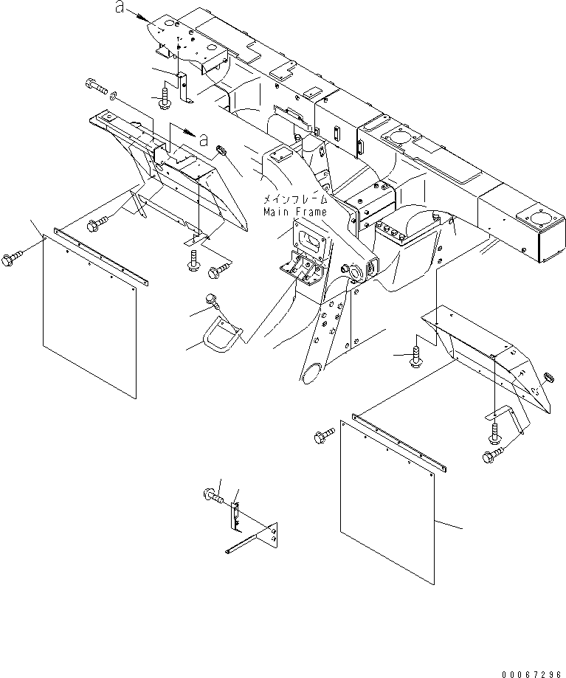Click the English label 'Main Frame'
[295, 212]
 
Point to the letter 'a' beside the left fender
[203, 139]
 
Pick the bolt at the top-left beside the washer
[97, 86]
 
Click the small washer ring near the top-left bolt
[114, 95]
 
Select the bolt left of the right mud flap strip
[324, 436]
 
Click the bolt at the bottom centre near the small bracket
[213, 495]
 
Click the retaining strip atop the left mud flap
[101, 257]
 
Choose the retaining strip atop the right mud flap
[400, 443]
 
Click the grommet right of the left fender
[221, 151]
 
